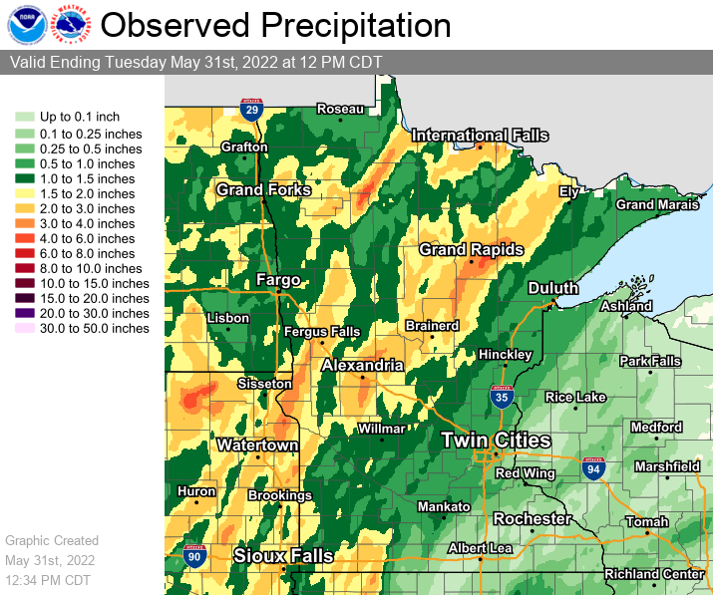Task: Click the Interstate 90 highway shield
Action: [x=194, y=558]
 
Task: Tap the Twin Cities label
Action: [x=496, y=440]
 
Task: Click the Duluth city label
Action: [x=553, y=288]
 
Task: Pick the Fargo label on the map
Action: [x=278, y=280]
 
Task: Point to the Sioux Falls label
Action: [x=283, y=555]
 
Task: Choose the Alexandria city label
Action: [x=362, y=366]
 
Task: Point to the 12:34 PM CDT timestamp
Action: [x=48, y=580]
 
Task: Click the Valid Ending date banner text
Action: [x=195, y=62]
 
